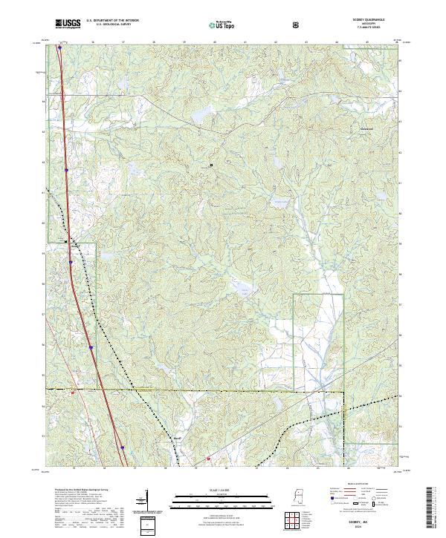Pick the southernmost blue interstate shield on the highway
(121, 447)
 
